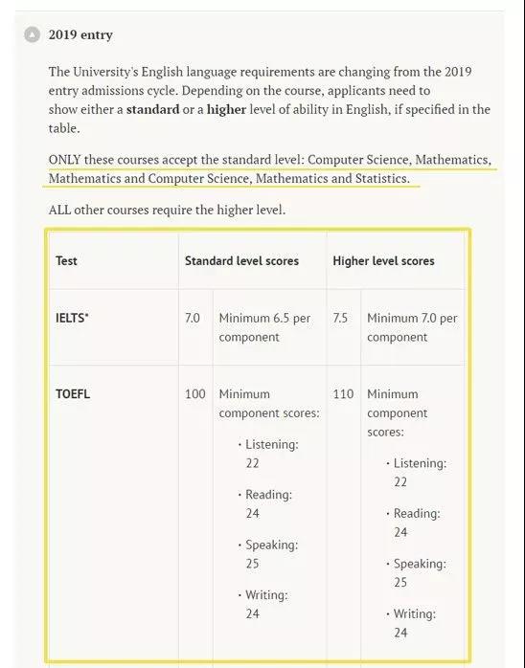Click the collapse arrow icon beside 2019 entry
point(33,34)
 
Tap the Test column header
point(67,260)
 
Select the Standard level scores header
point(241,260)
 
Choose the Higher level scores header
point(383,260)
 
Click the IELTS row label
point(72,318)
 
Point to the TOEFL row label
point(73,393)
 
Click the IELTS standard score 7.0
point(193,318)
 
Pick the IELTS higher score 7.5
point(340,318)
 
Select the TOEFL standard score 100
point(194,393)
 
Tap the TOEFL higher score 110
point(343,393)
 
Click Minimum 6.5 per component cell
point(264,327)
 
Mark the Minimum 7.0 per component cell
point(412,327)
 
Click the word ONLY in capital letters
point(66,159)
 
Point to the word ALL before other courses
point(60,210)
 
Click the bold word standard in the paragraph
point(152,109)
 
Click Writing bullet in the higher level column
point(416,613)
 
